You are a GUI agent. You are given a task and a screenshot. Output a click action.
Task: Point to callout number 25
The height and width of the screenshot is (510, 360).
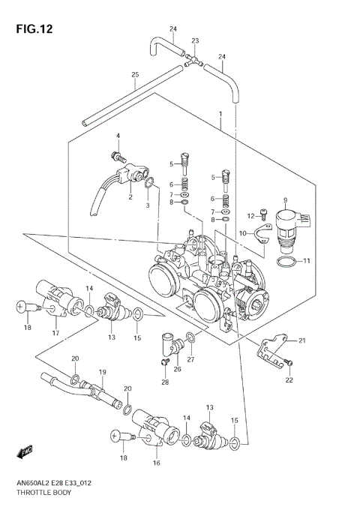pyautogui.click(x=135, y=74)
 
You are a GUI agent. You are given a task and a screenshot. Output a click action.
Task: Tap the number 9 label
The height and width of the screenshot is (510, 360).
pyautogui.click(x=285, y=199)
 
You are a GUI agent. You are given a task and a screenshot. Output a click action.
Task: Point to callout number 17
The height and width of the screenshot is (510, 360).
pyautogui.click(x=54, y=333)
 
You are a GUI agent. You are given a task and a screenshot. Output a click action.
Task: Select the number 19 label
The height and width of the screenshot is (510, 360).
pyautogui.click(x=102, y=372)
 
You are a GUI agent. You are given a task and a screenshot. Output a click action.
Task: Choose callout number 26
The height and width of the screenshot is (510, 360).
pyautogui.click(x=177, y=368)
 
